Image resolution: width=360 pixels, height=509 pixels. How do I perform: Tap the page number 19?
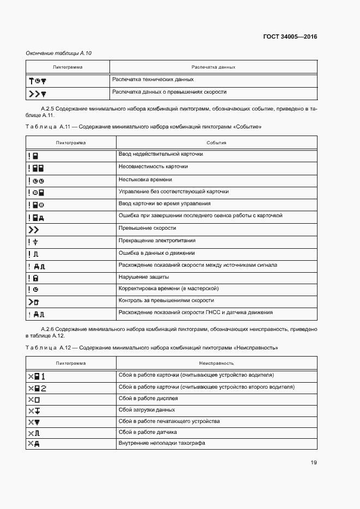(314, 463)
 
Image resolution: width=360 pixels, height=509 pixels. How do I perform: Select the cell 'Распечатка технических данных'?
(152, 80)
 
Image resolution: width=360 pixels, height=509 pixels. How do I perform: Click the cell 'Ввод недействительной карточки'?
(161, 155)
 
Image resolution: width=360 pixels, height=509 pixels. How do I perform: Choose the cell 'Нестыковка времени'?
(145, 179)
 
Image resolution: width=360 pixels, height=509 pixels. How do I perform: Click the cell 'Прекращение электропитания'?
(157, 241)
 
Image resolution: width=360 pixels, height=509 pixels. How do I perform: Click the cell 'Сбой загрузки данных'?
(147, 410)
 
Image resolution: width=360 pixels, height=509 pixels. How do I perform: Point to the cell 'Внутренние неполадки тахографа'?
(162, 444)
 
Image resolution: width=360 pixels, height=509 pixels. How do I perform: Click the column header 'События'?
(216, 143)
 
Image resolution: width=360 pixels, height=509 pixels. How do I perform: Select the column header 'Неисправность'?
(216, 363)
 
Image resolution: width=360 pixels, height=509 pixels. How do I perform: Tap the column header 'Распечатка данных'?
(213, 68)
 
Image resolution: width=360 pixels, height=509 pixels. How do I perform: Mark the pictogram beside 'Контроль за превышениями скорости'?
(34, 301)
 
